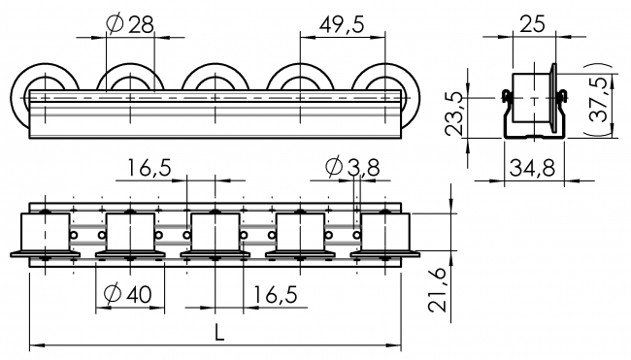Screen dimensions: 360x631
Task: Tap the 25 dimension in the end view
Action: coord(532,23)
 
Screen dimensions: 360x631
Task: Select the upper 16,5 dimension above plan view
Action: coord(148,169)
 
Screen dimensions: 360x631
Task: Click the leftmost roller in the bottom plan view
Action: coord(45,235)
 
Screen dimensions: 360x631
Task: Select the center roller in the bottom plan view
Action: coord(215,235)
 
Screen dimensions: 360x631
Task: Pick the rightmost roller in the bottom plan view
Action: coord(385,235)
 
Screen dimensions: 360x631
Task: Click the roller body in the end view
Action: coord(531,97)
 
